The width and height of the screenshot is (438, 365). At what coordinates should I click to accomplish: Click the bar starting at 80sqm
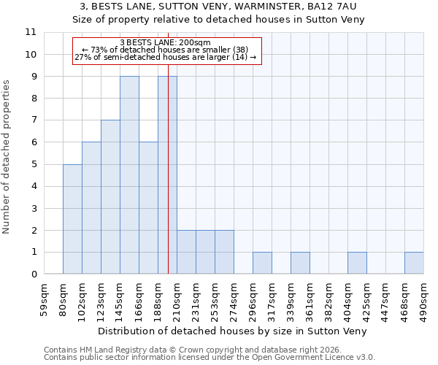72,219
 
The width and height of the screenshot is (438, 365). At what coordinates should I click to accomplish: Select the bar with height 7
110,197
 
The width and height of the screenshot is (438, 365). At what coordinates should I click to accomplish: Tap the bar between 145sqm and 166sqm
129,175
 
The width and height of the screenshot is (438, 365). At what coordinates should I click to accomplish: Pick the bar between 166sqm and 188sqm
148,208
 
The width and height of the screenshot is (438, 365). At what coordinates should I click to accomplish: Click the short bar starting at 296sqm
262,263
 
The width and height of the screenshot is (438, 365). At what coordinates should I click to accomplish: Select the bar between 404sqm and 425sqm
357,263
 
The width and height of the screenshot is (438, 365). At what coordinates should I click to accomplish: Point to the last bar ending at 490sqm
414,263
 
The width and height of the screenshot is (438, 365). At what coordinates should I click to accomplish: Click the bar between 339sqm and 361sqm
300,263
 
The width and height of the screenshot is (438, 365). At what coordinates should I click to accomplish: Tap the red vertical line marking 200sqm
168,182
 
